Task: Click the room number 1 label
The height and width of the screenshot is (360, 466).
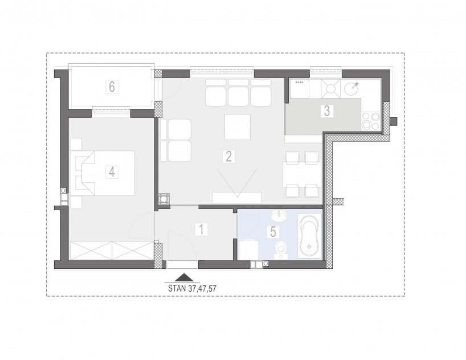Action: [x=201, y=230]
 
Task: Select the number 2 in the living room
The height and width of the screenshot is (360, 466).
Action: [x=228, y=157]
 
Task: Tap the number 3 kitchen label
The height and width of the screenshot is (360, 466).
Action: [x=327, y=111]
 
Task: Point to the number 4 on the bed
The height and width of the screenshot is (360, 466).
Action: [x=112, y=172]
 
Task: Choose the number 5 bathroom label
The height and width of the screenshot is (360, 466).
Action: [x=273, y=232]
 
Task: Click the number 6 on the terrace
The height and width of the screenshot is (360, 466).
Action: [x=112, y=87]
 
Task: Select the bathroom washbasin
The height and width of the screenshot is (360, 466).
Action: [x=279, y=215]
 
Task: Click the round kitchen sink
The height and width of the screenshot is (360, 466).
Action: [x=351, y=88]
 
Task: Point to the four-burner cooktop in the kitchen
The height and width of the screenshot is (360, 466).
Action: [x=371, y=121]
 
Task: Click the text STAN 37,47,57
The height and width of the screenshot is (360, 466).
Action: [x=192, y=288]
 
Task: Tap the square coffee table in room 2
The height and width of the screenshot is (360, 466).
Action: [x=237, y=127]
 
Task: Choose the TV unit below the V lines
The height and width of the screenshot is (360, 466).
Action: [x=237, y=198]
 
